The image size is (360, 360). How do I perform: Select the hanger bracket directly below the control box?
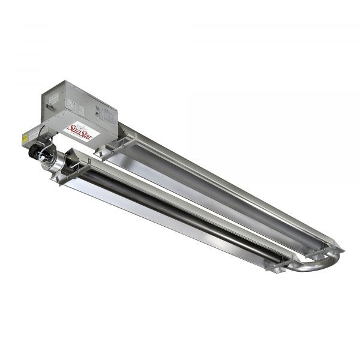(112, 147)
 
